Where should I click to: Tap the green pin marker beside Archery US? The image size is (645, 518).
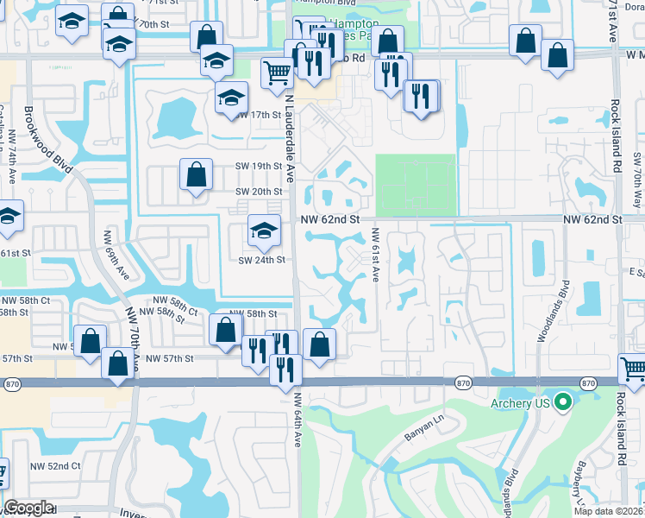tap(563, 402)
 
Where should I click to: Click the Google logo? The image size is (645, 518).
tap(28, 508)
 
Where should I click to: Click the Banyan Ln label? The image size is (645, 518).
tap(423, 429)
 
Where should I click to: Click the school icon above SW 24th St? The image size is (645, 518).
tap(264, 231)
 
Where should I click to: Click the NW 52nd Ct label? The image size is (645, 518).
tap(55, 466)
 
